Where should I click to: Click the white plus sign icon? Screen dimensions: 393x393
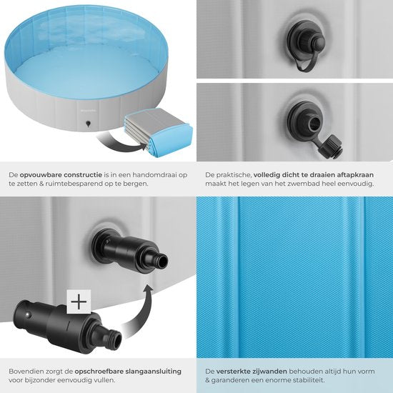(79, 302)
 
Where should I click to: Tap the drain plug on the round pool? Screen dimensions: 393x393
(88, 124)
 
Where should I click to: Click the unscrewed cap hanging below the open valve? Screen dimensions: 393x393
(330, 147)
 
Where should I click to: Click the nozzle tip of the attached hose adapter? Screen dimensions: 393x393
(162, 261)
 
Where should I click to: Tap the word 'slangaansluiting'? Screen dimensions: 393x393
(153, 372)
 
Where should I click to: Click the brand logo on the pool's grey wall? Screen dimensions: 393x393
(88, 110)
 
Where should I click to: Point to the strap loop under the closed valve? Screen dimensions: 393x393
(304, 63)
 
